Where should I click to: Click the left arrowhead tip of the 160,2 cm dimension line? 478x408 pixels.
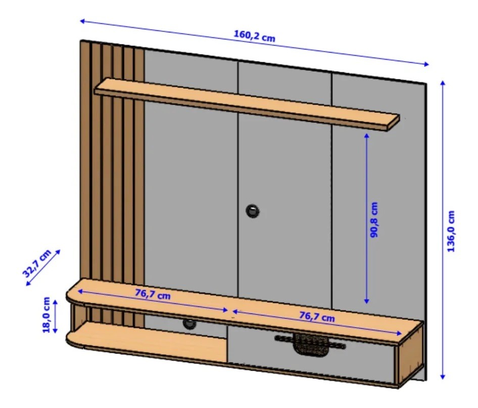[x=80, y=21]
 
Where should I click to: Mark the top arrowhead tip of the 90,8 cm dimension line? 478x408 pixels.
[x=367, y=133]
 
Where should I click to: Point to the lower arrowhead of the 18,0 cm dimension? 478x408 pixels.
[x=55, y=333]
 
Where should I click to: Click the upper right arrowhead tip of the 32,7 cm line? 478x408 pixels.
[x=60, y=250]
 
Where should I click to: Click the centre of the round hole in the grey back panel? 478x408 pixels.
[x=253, y=211]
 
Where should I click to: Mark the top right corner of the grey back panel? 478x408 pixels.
[x=426, y=82]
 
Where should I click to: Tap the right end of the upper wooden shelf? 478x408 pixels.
[x=399, y=119]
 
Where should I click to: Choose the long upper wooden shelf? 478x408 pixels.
[x=247, y=104]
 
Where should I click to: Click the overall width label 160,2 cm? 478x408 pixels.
[x=254, y=36]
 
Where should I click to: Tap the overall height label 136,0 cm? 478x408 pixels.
[x=451, y=231]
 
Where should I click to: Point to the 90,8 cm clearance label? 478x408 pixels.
[x=374, y=219]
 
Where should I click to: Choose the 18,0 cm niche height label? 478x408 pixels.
[x=46, y=315]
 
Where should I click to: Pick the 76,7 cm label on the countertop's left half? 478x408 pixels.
[x=153, y=294]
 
